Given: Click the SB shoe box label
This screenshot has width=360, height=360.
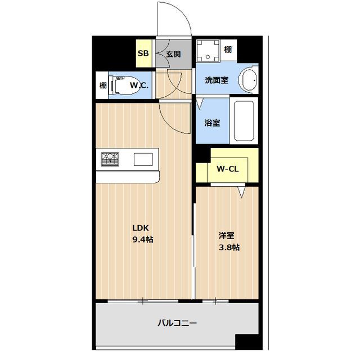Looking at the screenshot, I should (x=143, y=55).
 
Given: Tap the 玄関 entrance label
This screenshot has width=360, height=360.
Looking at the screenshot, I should (x=173, y=55).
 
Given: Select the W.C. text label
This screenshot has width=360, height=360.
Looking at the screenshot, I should (x=139, y=85).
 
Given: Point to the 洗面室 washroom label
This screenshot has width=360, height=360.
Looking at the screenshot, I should (x=216, y=80).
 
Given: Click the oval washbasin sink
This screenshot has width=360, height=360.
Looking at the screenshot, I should (x=247, y=80).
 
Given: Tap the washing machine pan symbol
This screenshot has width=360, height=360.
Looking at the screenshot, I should (x=209, y=52).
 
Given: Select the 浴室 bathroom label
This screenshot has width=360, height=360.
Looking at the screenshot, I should (x=212, y=123).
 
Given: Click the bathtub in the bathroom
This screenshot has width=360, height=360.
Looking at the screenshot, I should (x=244, y=120).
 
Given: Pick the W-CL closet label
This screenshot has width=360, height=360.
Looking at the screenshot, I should (x=227, y=168).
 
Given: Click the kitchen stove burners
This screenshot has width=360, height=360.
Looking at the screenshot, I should (x=110, y=159).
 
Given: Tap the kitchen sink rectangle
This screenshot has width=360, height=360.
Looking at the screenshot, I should (x=143, y=159).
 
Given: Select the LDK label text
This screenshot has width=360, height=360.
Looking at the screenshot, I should (x=140, y=228).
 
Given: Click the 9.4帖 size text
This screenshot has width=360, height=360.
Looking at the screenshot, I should (x=142, y=240).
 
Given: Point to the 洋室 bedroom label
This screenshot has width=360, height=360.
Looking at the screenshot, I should (x=226, y=236).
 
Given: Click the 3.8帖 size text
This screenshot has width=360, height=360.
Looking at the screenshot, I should (x=228, y=247).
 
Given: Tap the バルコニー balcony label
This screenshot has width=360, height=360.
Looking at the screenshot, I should (x=177, y=323).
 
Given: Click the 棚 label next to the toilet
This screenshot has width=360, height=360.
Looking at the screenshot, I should (x=102, y=85).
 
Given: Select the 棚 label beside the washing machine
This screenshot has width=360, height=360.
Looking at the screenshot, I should (x=227, y=50).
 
